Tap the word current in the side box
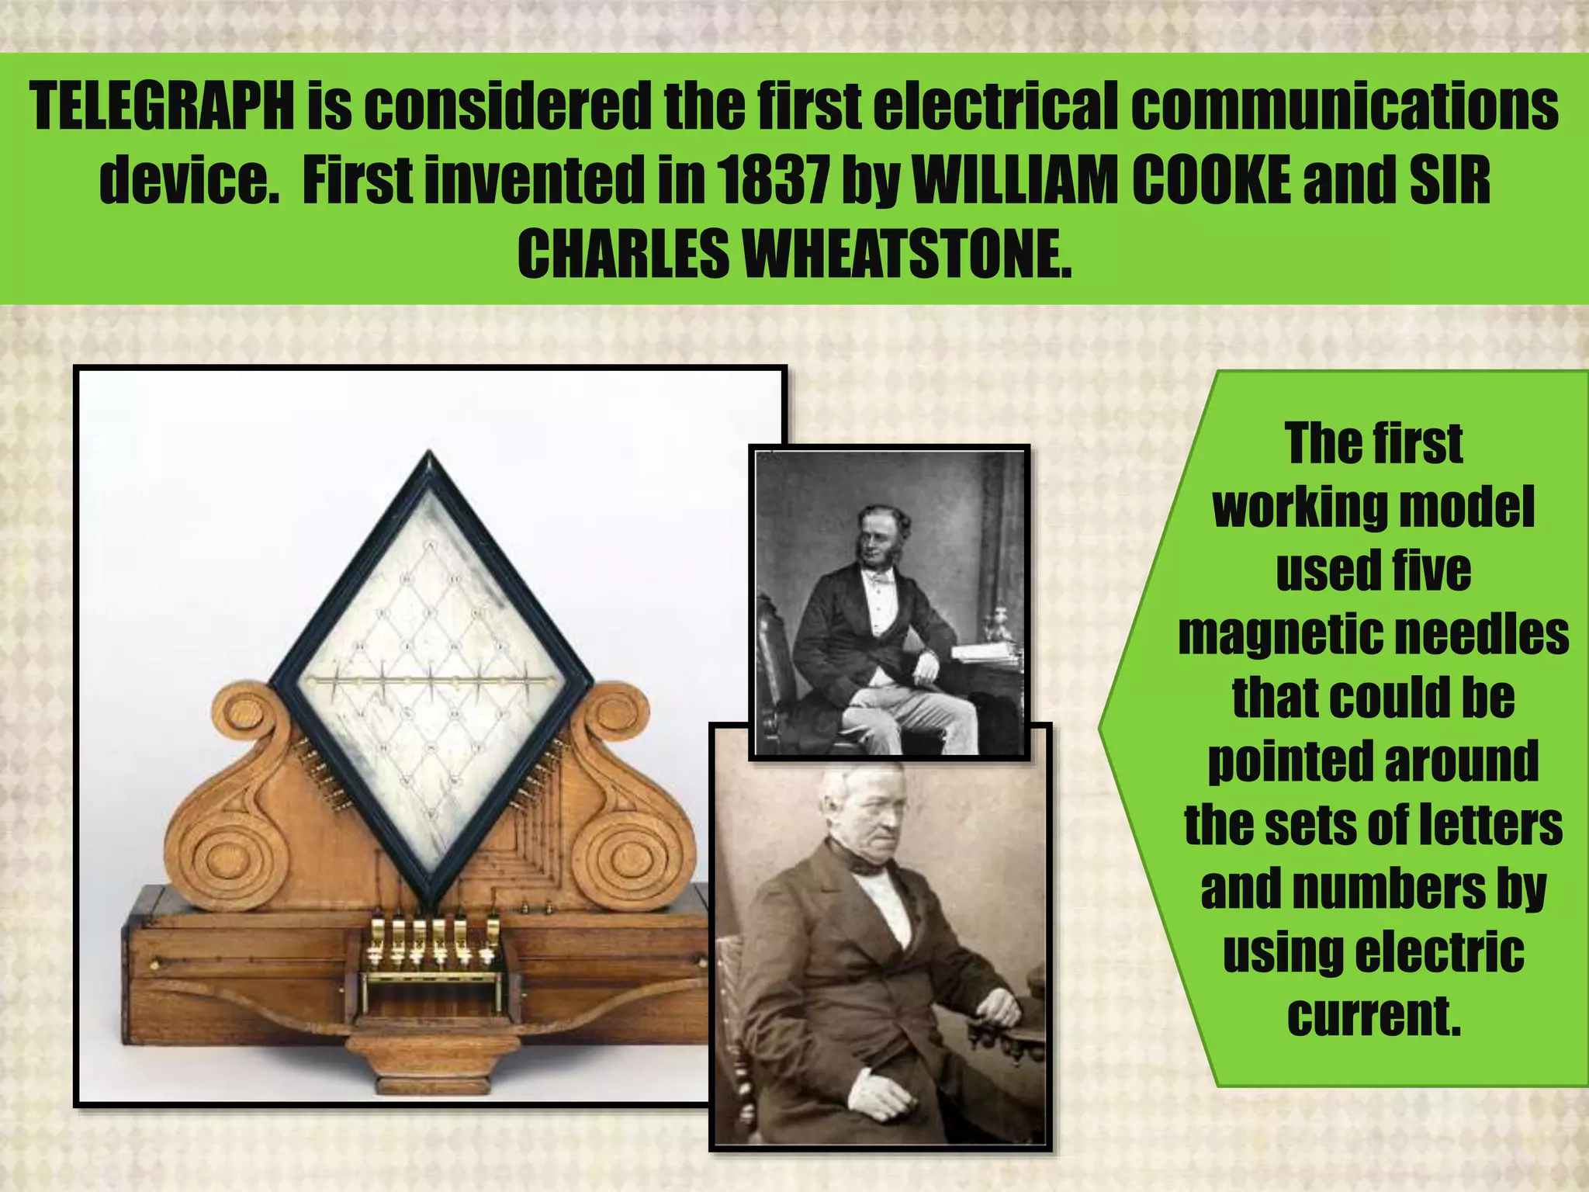[x=1373, y=1016]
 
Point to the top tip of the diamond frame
[x=429, y=454]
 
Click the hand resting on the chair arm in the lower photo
[x=995, y=1009]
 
